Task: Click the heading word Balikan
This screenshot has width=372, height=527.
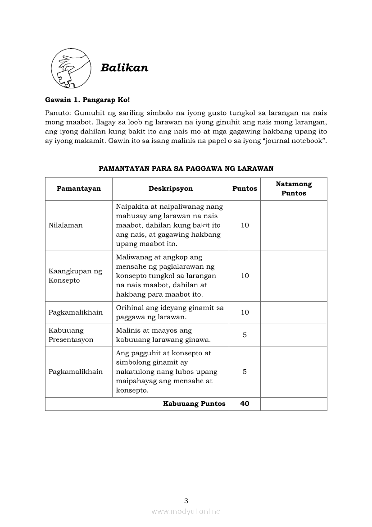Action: (x=124, y=68)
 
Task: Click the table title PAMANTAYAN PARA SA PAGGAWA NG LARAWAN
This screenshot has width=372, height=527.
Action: (x=186, y=168)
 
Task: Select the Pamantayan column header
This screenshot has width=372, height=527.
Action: (x=79, y=188)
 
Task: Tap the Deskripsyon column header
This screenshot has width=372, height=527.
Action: (x=170, y=188)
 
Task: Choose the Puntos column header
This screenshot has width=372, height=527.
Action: (x=245, y=188)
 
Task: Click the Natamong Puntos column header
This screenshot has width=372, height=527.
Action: (x=294, y=188)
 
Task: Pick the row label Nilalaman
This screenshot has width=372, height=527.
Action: (x=66, y=225)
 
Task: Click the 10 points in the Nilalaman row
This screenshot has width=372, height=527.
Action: (x=245, y=225)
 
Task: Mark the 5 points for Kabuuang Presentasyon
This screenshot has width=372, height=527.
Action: (x=245, y=335)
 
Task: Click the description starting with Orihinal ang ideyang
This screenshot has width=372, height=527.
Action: (x=170, y=312)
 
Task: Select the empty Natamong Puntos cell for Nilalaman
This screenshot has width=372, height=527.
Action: (x=294, y=225)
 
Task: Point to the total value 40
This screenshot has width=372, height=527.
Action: (x=245, y=404)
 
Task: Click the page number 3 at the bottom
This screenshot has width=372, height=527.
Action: (x=186, y=500)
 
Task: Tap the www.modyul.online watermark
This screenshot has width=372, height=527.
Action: (x=186, y=511)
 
